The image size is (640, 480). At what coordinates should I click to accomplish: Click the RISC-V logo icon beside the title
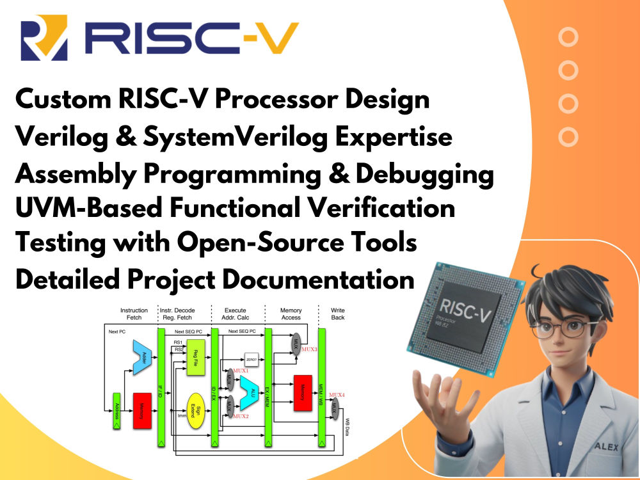tap(43, 40)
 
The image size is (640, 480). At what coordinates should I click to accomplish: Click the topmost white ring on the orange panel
tap(568, 37)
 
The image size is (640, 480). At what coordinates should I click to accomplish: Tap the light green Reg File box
tap(195, 357)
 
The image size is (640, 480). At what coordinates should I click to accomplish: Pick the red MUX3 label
tap(307, 349)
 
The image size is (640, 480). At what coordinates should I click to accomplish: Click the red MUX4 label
tap(337, 396)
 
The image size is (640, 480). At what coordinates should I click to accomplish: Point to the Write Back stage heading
tap(337, 314)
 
